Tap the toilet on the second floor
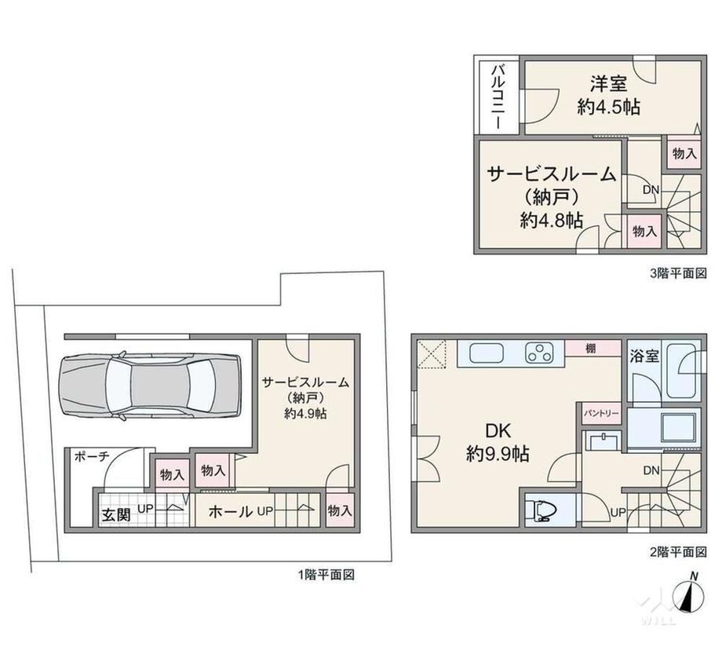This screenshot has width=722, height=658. click(545, 510)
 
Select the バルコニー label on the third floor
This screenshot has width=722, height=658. click(498, 97)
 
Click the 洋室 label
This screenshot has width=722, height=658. click(609, 84)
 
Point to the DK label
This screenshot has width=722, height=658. click(498, 431)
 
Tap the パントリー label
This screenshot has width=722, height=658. click(601, 413)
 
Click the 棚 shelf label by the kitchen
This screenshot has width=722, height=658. click(590, 349)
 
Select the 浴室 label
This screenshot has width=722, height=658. click(644, 356)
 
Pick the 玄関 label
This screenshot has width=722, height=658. click(116, 514)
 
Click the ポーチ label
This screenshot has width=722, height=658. click(92, 456)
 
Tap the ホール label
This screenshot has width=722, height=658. click(230, 511)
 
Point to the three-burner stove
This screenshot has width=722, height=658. click(538, 353)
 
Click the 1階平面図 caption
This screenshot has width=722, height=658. click(326, 575)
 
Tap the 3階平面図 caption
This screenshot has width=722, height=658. click(678, 273)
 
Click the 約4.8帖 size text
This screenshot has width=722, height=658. click(552, 221)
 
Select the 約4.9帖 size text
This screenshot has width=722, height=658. click(304, 414)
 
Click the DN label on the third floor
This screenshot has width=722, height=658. click(651, 189)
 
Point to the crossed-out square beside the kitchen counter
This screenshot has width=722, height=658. click(432, 354)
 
